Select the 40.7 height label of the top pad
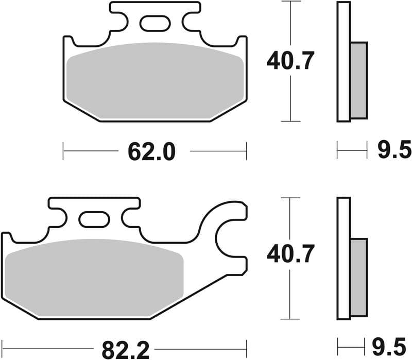[x=290, y=61]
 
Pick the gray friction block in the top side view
[x=359, y=80]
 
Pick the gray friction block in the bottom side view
[x=359, y=277]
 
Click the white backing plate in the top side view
[x=344, y=62]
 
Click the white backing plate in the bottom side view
[x=344, y=258]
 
